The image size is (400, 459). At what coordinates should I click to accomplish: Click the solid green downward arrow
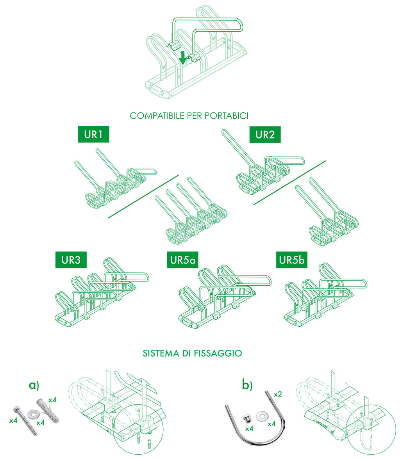[182, 58]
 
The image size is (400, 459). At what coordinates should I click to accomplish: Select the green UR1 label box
[93, 135]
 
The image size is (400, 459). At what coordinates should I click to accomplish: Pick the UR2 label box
[265, 135]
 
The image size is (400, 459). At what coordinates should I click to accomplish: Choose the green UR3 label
[71, 260]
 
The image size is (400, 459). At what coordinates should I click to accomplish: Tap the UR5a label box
[182, 260]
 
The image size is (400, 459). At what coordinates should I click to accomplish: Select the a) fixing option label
[34, 385]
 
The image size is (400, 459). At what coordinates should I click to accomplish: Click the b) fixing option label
[247, 385]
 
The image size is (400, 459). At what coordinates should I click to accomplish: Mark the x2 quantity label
[278, 394]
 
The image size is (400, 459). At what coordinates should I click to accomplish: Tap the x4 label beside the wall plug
[52, 400]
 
